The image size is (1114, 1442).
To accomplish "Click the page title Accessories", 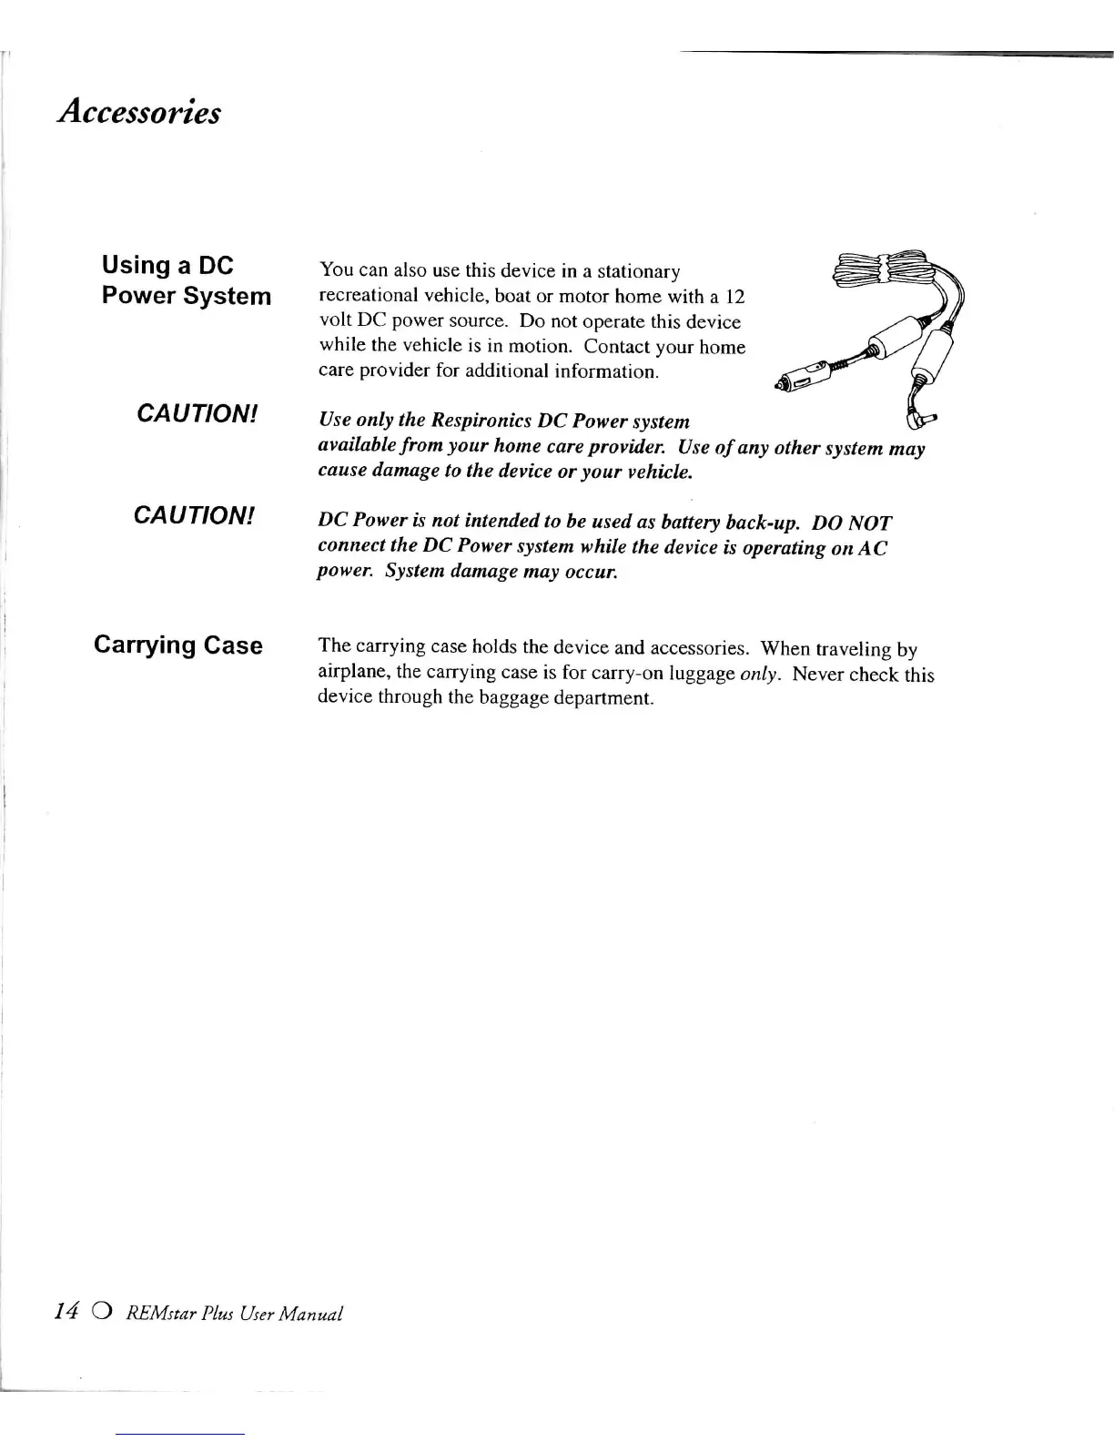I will click(x=138, y=112).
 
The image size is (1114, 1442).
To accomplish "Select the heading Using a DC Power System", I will click(x=186, y=280).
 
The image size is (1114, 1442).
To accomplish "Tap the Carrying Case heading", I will click(x=178, y=645).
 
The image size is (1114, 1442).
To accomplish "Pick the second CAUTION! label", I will click(x=194, y=515).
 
